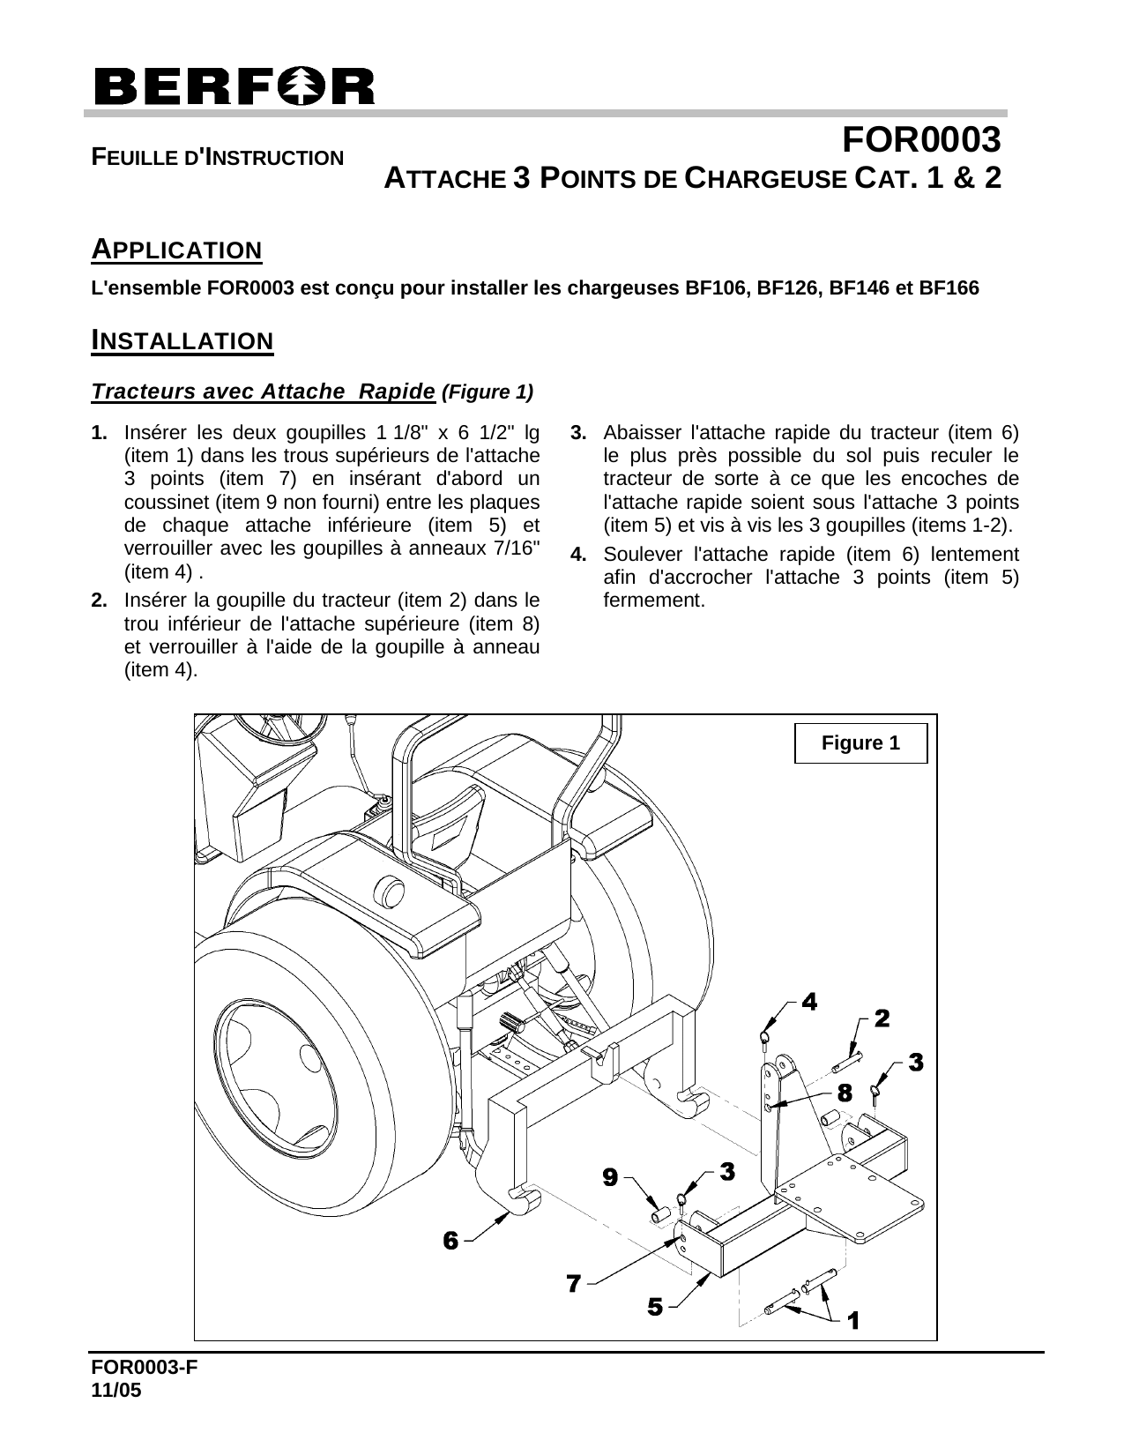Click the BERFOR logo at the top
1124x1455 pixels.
point(234,86)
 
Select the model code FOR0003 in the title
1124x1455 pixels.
point(920,140)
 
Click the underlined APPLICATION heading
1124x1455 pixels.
point(177,250)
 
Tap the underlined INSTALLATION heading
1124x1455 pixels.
point(182,340)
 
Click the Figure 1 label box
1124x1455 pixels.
point(860,742)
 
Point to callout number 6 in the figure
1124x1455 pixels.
point(450,1241)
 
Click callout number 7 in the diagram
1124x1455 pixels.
point(573,1283)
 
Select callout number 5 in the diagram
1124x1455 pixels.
point(655,1307)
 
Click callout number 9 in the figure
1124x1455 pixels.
point(609,1176)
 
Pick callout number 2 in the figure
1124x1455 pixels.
point(881,1018)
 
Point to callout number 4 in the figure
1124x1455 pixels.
point(808,1001)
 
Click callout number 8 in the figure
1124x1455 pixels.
point(844,1093)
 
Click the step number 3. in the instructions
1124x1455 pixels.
point(579,433)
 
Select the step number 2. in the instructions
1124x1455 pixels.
point(100,601)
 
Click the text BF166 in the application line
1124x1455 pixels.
point(949,288)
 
